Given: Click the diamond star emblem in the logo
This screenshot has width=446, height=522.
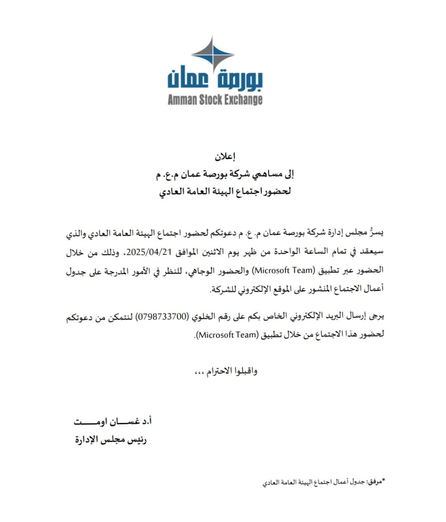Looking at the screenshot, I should click(x=213, y=54).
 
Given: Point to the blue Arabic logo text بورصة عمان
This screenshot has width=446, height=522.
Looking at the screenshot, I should click(x=215, y=79).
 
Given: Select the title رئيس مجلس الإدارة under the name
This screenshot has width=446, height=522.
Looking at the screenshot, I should click(x=111, y=440).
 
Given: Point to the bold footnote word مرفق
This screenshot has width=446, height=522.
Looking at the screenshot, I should click(x=375, y=481).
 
